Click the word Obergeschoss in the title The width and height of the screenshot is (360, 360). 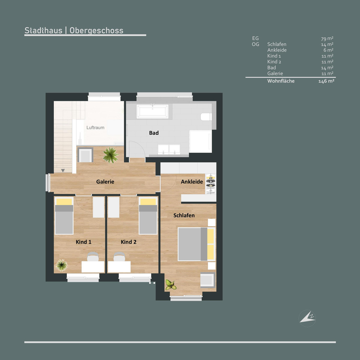[x=96, y=31]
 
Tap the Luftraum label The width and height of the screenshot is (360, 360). [x=95, y=127]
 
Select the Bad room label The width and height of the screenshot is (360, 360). [x=154, y=133]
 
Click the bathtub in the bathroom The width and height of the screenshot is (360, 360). [x=152, y=112]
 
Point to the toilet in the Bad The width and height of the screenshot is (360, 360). [x=206, y=117]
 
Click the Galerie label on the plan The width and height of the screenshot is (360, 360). [x=105, y=181]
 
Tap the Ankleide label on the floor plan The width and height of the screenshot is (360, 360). [x=192, y=181]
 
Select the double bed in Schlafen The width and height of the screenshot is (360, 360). [x=196, y=244]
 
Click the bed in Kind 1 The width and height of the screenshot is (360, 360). [x=64, y=216]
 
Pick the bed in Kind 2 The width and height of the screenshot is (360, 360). [x=148, y=216]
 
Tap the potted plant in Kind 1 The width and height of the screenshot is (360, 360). [x=61, y=265]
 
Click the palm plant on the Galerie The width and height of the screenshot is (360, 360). [x=111, y=155]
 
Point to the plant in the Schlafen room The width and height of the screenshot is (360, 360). [x=171, y=285]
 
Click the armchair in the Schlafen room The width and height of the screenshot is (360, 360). [x=208, y=280]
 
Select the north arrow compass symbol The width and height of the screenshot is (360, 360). [x=307, y=318]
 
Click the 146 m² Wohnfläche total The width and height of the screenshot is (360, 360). [x=326, y=81]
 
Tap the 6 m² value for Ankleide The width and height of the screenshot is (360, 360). [x=328, y=50]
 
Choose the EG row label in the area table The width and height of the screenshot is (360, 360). [x=255, y=38]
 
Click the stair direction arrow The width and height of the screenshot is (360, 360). [x=63, y=171]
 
